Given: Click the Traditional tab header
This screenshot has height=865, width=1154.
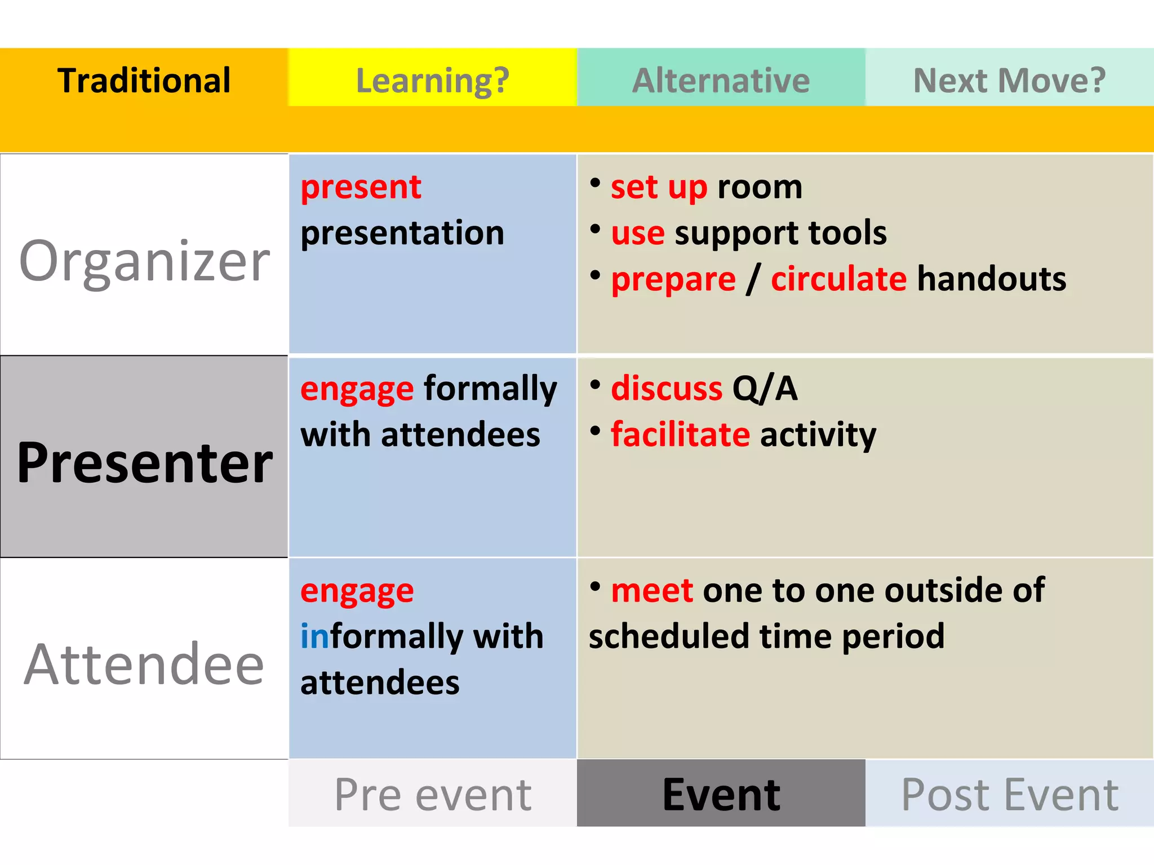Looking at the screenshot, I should pos(144,80).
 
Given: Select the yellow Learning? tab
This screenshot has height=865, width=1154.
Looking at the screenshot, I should pos(432,80).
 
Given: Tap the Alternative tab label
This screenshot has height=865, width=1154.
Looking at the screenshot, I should pos(721,80).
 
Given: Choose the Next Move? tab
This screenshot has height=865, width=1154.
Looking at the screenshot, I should pos(1009,80).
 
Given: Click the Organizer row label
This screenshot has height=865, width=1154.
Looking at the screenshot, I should pos(144,260).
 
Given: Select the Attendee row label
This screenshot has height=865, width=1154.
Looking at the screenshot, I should pos(144,665).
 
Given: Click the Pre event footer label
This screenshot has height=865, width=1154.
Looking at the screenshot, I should pos(432,794).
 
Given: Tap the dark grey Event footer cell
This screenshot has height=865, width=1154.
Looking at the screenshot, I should pos(721,794).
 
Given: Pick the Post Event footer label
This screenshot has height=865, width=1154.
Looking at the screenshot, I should pos(1009,794).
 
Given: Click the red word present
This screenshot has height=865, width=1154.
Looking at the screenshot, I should pos(361,187).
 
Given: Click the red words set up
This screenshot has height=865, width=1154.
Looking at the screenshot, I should pos(658,187).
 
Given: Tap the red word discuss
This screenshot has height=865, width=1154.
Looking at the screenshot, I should pos(666,389).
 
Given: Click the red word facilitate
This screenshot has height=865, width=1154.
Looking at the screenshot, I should pos(680,434).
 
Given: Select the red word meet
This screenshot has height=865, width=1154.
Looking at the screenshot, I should pos(652,590).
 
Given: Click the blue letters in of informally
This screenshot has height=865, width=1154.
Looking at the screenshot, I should pos(314,636).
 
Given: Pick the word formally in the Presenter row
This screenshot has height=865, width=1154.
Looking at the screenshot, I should pos(490,389).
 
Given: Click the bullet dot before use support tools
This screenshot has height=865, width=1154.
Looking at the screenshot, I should pos(595,229).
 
